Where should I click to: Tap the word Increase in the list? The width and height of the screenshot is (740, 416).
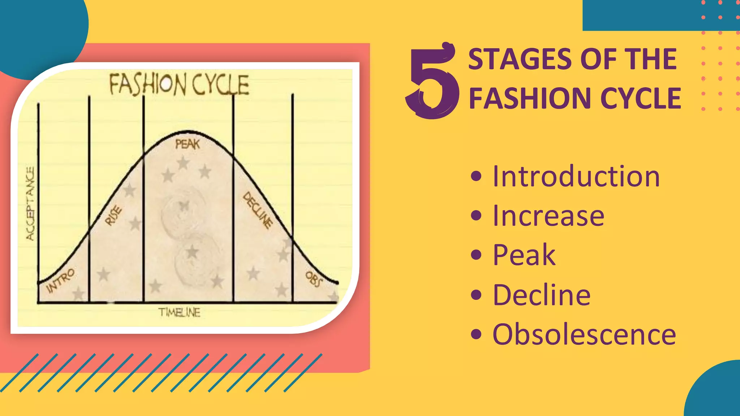[x=548, y=216]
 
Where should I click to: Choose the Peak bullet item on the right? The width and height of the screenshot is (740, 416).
[x=524, y=255]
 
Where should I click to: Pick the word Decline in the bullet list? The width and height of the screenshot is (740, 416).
[x=541, y=295]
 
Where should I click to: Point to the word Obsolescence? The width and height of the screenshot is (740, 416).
[x=584, y=334]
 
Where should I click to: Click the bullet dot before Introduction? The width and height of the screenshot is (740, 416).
[x=476, y=177]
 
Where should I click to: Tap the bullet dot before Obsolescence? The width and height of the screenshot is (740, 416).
[x=476, y=334]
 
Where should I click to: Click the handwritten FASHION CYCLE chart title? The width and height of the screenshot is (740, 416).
[x=179, y=84]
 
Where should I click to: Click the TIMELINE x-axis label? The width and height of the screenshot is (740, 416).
[x=179, y=312]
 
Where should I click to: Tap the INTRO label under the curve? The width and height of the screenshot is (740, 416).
[x=60, y=280]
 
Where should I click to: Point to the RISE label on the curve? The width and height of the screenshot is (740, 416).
[x=113, y=216]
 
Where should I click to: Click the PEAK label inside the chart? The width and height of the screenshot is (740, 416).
[x=187, y=144]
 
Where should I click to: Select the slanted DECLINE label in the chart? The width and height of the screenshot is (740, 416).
[x=258, y=210]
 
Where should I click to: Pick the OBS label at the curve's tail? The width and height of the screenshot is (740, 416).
[x=313, y=279]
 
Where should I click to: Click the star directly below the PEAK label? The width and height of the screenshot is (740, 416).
[x=183, y=163]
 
